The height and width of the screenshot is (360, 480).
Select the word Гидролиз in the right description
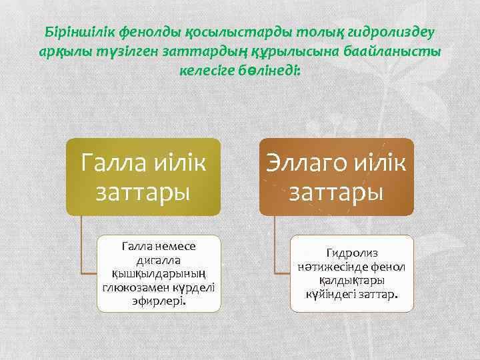351,253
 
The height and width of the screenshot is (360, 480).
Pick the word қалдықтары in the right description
351,280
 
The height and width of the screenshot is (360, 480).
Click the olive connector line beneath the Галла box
81,247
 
